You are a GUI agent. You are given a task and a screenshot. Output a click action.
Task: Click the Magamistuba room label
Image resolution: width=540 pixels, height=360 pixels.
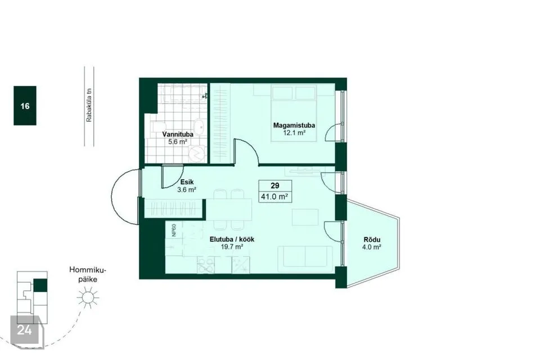[294, 125]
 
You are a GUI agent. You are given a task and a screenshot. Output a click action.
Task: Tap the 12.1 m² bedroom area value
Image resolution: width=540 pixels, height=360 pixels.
[294, 133]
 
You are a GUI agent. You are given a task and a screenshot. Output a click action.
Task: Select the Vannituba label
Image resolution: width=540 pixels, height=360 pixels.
[178, 134]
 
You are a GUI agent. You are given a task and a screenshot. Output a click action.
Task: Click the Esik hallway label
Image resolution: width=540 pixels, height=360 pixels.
[187, 182]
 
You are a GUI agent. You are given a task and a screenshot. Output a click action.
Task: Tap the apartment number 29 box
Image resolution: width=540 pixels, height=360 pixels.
[275, 186]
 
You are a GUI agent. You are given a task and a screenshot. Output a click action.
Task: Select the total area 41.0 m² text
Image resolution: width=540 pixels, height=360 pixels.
[274, 197]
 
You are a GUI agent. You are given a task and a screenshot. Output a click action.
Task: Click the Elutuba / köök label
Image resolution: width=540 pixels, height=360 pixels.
[232, 240]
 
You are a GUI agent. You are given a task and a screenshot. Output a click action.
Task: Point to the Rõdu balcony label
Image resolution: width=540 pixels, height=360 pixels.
[372, 240]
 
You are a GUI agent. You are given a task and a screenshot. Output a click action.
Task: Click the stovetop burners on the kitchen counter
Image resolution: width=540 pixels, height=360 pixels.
[206, 265]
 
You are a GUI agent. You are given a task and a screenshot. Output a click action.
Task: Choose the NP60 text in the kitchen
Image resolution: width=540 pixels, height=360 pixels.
[174, 230]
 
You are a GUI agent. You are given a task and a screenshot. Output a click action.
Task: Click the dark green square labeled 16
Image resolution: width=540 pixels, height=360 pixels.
[25, 105]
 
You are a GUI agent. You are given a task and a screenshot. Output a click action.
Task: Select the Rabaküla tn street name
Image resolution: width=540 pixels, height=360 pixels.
[89, 105]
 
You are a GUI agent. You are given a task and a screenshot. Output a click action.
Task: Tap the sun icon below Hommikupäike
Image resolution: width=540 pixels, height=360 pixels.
[88, 298]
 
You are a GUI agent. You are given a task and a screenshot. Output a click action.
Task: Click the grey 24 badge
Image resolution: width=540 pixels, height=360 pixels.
[24, 330]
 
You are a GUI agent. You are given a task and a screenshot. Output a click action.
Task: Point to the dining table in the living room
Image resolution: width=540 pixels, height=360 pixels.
[229, 210]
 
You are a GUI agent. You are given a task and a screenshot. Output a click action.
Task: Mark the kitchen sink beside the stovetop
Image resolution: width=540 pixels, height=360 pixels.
[240, 265]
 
